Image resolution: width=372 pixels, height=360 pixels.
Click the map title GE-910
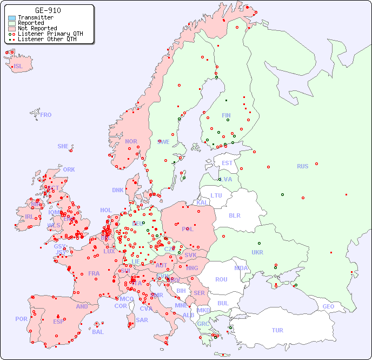coord(48,10)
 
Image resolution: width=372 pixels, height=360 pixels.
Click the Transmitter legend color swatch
coord(12,18)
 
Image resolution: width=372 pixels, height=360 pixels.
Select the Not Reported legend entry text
coord(37,28)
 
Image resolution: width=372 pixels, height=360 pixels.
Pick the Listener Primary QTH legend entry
coord(50,34)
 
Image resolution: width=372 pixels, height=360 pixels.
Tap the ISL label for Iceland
coord(18,67)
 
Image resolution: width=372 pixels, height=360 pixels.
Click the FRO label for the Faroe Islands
coord(46,115)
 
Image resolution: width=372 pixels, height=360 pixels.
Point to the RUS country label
coord(302,166)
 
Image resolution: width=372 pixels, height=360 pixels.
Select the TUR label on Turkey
coord(277,330)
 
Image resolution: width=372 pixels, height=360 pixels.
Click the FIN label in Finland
coord(226,115)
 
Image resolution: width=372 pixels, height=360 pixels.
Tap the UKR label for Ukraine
coord(257,252)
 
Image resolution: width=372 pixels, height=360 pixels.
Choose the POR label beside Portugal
coord(21,319)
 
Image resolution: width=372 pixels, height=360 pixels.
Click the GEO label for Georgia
coord(328,306)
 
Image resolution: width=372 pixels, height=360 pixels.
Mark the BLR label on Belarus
coord(234,215)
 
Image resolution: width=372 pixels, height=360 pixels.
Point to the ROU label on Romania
coord(221,279)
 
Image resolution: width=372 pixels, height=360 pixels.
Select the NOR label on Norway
coord(131,141)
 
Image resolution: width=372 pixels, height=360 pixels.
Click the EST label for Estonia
coord(227,163)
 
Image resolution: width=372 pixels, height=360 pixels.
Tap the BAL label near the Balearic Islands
coord(98,332)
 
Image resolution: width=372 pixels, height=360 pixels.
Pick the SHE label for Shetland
coord(63,146)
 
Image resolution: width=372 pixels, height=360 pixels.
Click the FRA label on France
coord(94,273)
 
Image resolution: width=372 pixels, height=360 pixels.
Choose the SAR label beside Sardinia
coord(142,320)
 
